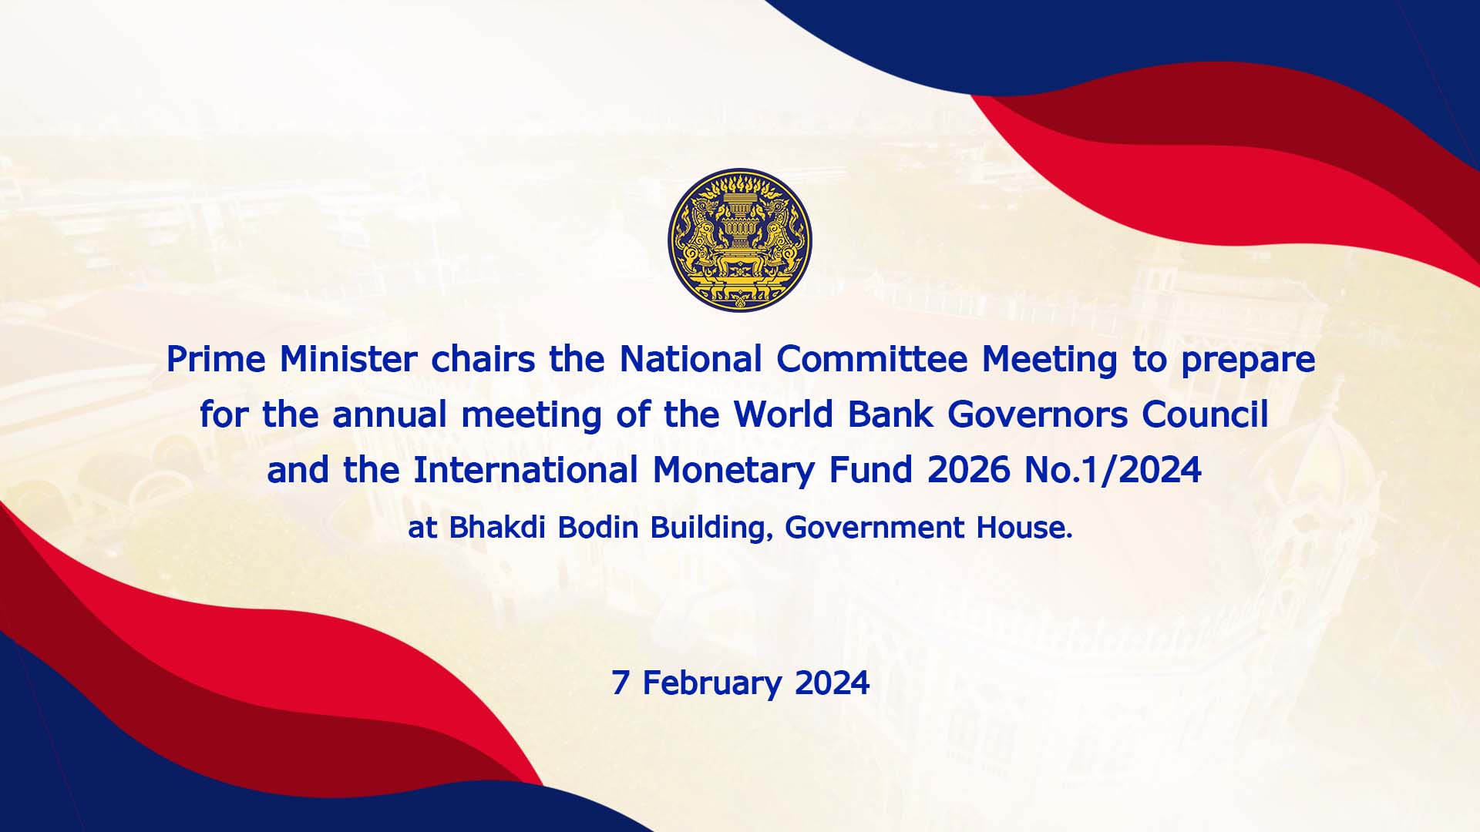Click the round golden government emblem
[740, 240]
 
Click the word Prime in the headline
[216, 359]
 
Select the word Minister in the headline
[348, 359]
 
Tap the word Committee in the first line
[872, 359]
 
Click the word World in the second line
[783, 414]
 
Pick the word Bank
[890, 414]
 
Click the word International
[526, 470]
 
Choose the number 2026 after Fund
[969, 470]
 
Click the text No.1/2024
[1113, 470]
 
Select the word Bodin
[598, 527]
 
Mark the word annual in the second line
[390, 414]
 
